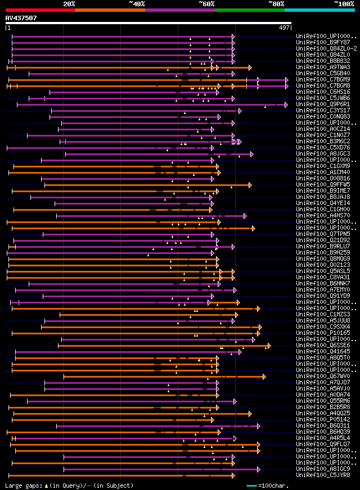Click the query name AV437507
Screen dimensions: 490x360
point(21,18)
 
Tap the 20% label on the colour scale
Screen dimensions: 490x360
point(69,4)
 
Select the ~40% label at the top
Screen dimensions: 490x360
point(137,4)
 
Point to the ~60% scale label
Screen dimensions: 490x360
point(206,4)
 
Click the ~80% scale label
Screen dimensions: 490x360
point(276,4)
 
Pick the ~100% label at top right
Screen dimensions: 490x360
point(344,4)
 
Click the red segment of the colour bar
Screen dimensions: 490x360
point(40,10)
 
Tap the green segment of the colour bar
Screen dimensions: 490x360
point(249,10)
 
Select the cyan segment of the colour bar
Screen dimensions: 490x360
point(319,10)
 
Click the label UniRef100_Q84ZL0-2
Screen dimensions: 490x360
point(326,49)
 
